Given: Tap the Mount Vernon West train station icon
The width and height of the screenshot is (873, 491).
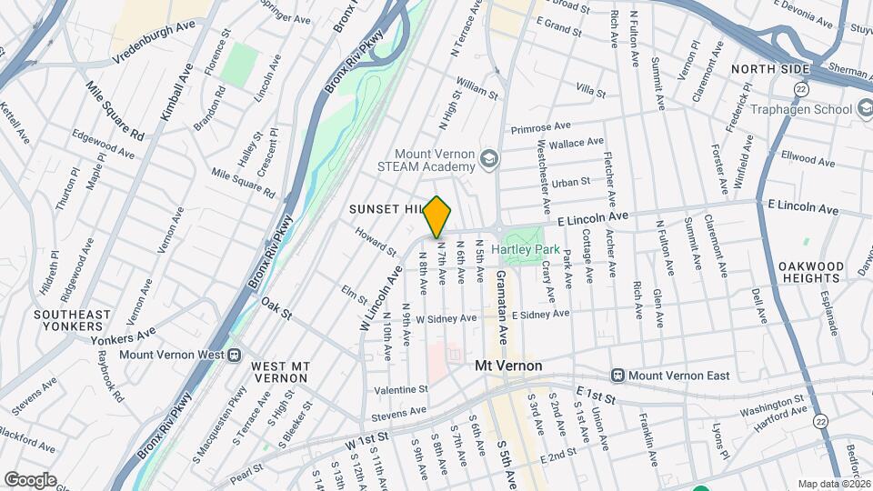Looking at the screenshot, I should (235, 355).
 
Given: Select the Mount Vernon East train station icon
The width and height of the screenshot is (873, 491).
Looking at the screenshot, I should (618, 375).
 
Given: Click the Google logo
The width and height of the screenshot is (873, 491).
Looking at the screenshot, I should (30, 480).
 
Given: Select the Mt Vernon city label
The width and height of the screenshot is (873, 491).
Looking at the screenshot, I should (508, 366).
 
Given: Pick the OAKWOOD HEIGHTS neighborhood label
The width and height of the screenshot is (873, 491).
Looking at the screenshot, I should (811, 273).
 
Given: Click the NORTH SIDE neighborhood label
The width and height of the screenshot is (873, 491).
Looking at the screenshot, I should (769, 69).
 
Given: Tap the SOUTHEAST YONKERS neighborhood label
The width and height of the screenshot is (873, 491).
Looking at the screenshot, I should (72, 320).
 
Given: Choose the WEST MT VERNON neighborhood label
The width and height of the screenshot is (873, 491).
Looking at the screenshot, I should (280, 372).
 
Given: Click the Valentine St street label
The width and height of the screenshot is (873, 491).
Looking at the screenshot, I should (401, 389).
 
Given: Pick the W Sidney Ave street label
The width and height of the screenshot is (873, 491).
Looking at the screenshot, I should (446, 319).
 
